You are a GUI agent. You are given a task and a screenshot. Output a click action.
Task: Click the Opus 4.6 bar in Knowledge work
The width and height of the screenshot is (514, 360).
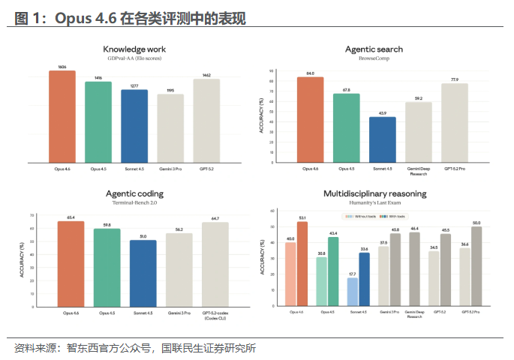coord(62,116)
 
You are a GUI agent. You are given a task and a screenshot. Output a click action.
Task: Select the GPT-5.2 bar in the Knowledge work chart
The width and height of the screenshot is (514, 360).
coord(206,120)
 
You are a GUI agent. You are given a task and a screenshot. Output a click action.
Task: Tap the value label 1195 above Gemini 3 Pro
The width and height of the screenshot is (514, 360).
coord(170,91)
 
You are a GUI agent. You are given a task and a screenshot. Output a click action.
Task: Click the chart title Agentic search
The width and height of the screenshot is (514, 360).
coord(374,49)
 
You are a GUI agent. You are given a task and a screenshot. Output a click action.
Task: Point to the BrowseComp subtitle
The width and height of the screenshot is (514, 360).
coord(374,58)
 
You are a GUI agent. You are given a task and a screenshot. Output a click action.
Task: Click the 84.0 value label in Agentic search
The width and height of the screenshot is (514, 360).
coord(311,73)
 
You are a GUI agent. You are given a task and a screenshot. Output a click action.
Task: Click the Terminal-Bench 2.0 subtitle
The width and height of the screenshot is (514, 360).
coord(134,202)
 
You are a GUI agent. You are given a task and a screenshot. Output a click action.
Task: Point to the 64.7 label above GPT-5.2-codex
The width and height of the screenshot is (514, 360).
coord(215,218)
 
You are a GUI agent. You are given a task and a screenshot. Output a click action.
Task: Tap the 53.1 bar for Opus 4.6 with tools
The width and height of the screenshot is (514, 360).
coord(302,264)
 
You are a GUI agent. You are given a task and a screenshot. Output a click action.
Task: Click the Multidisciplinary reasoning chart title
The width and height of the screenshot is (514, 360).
coord(374,193)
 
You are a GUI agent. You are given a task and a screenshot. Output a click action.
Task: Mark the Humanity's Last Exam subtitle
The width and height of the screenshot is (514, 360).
coord(374,202)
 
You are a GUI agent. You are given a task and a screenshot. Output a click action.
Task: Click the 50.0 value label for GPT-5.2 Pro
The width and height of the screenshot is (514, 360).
coord(476,223)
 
